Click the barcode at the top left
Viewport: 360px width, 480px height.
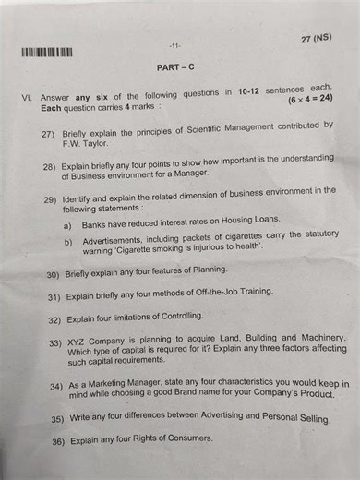(46, 52)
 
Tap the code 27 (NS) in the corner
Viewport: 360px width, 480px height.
(316, 39)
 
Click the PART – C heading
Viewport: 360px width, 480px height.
(174, 67)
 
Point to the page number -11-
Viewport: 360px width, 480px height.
(174, 45)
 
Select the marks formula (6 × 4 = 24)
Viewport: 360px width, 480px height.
(309, 99)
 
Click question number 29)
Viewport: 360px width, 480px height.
(51, 199)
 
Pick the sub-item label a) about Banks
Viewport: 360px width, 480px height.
(67, 226)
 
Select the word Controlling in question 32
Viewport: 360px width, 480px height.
(178, 317)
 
